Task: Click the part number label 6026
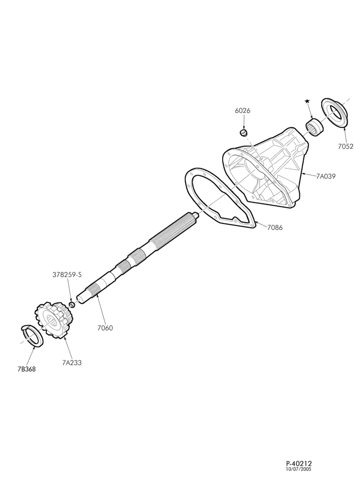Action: tap(243, 111)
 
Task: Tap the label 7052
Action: tap(346, 146)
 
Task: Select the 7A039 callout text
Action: tap(326, 176)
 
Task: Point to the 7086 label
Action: tap(275, 227)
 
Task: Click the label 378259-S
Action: tap(67, 275)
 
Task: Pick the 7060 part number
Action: tap(105, 328)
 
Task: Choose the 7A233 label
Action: tap(72, 363)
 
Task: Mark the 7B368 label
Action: tap(26, 369)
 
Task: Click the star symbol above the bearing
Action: tap(307, 101)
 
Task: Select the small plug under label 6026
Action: tap(243, 133)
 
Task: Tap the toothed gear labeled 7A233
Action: tap(53, 319)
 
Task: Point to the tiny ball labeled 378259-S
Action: tap(71, 304)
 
